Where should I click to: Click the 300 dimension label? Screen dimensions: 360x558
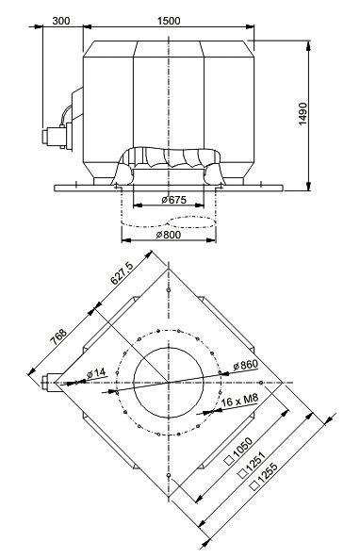(x=61, y=21)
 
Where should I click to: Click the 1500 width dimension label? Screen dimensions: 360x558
(x=169, y=21)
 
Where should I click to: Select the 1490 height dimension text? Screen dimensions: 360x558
(x=303, y=114)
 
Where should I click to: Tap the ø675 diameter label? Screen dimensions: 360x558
(x=173, y=200)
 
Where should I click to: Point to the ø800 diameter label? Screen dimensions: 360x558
(x=169, y=235)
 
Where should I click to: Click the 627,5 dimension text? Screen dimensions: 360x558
(x=122, y=272)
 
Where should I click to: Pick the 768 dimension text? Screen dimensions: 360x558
(x=58, y=336)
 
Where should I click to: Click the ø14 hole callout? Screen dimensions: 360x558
(x=96, y=373)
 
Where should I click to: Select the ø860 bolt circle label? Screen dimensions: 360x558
(x=245, y=365)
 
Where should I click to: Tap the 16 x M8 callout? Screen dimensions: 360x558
(x=239, y=401)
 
